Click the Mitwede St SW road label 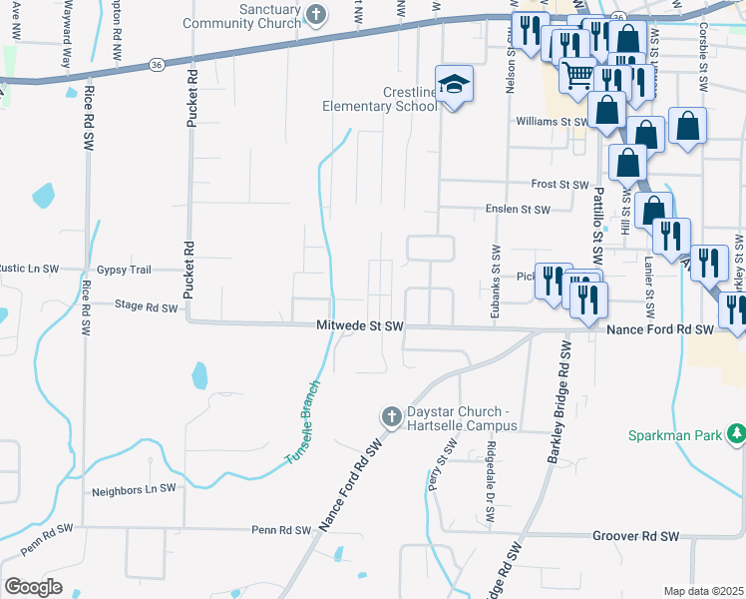359,326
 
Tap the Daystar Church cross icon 392,415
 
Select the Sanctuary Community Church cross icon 316,14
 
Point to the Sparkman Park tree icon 735,433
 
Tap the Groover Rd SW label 635,536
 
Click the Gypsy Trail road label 124,270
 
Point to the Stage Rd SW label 146,307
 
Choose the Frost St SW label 560,185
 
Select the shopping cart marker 577,76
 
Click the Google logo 33,587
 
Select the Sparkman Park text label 674,435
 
